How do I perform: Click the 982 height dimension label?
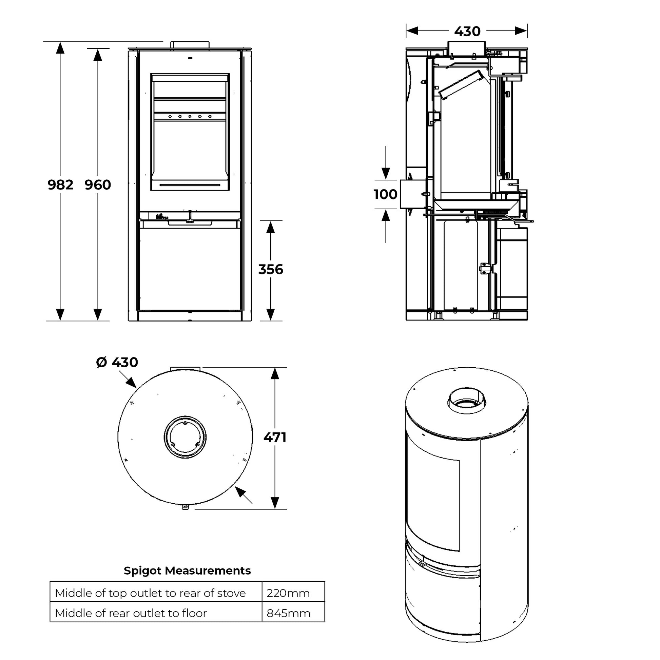point(60,185)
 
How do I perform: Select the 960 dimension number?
point(98,185)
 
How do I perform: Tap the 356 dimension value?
point(271,269)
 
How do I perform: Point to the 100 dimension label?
point(385,194)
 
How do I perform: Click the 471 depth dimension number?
point(275,437)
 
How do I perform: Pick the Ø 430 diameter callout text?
point(117,362)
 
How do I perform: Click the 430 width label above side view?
point(467,32)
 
